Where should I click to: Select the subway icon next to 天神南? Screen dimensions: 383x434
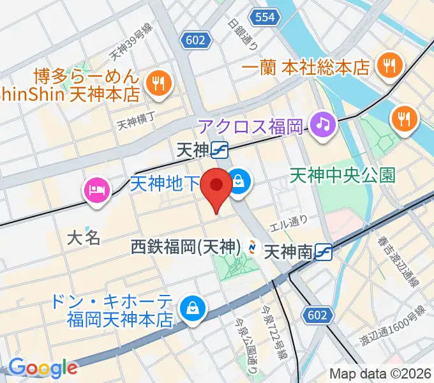click(x=324, y=252)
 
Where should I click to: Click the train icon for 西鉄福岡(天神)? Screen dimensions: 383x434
click(x=253, y=246)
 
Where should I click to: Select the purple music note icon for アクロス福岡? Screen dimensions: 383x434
click(x=324, y=123)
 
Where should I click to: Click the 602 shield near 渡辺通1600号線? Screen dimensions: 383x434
click(x=316, y=315)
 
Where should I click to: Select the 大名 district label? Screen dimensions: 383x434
click(x=84, y=238)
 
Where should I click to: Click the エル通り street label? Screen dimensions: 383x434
click(x=289, y=222)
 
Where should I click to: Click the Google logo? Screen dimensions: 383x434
click(x=43, y=368)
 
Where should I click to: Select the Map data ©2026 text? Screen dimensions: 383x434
click(x=380, y=374)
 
